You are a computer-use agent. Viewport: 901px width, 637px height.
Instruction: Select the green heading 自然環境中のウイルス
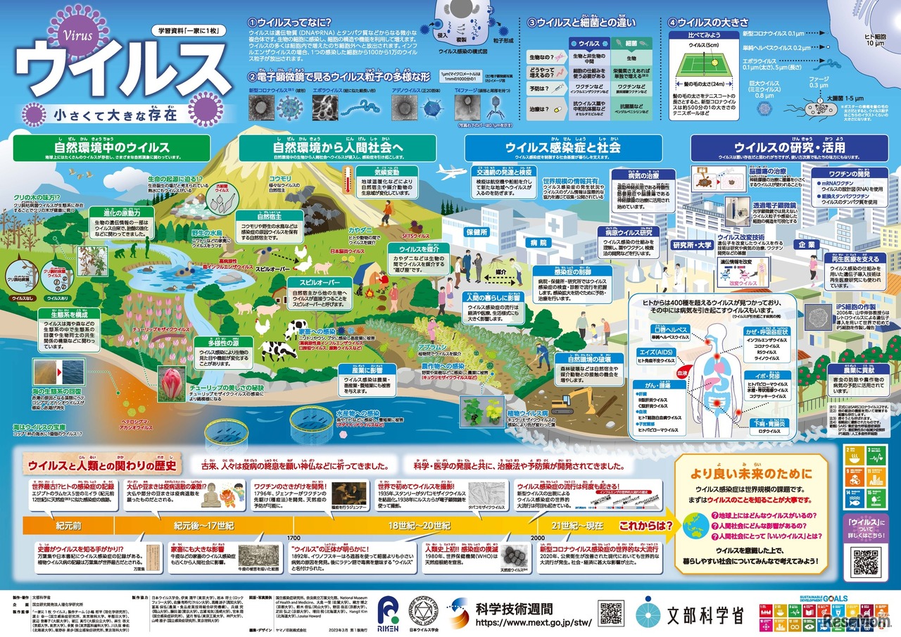[x=112, y=148]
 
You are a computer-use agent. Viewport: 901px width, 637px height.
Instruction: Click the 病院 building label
[x=538, y=243]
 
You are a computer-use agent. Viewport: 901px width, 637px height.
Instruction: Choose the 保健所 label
[x=477, y=231]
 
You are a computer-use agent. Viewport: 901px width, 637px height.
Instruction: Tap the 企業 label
[x=805, y=244]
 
